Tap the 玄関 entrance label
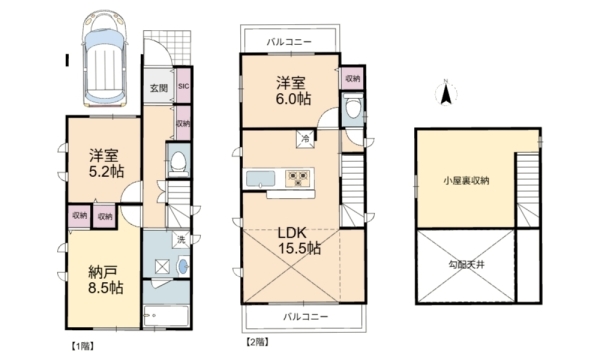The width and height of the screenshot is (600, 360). coord(159,88)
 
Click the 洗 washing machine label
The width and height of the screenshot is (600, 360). coord(180,240)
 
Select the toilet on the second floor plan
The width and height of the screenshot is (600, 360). coord(351,110)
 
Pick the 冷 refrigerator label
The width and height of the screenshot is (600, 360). coord(302,137)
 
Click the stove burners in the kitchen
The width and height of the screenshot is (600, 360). coord(298,178)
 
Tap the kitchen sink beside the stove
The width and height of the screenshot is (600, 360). coord(260,180)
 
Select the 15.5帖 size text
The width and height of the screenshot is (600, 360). coord(298,248)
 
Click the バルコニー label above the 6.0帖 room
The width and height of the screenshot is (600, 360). coord(291,42)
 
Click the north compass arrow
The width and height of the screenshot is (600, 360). coord(447,93)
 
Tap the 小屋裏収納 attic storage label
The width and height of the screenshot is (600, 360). coord(467,181)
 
